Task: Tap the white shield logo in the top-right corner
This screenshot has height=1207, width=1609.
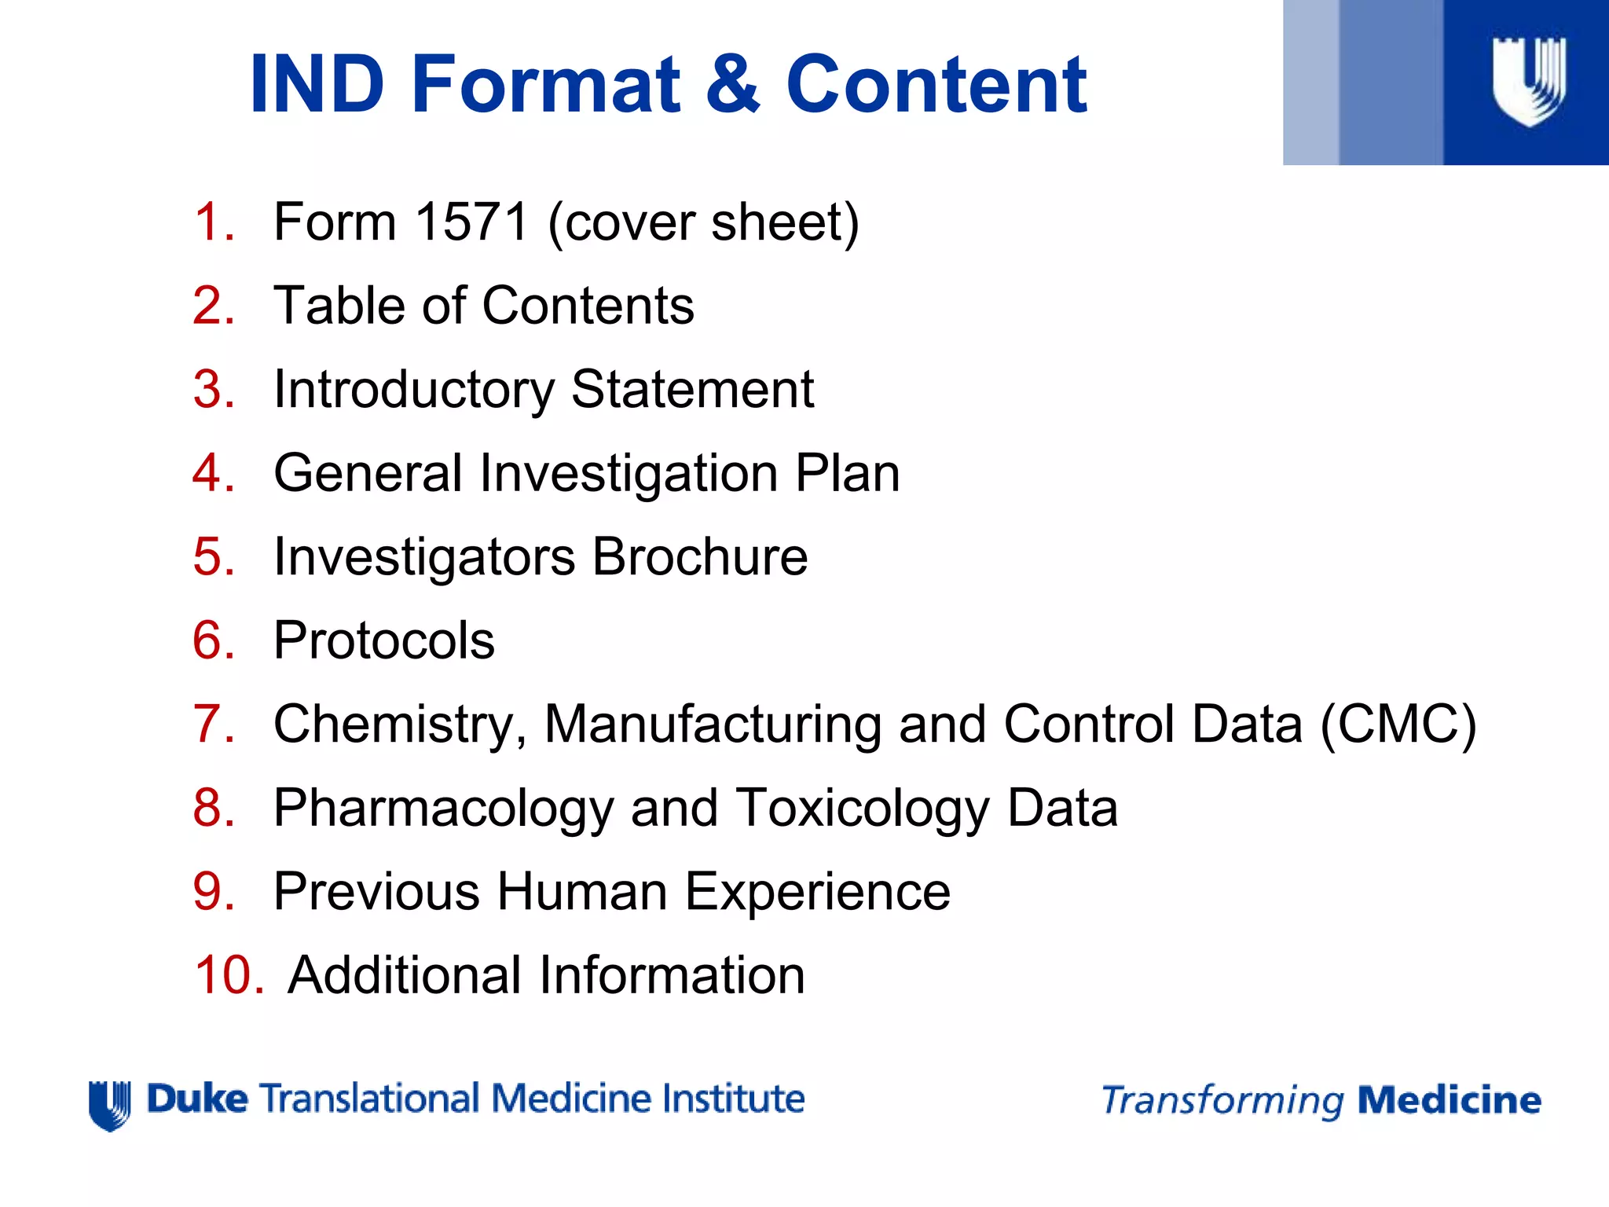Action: pyautogui.click(x=1529, y=81)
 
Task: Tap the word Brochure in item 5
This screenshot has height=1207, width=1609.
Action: pyautogui.click(x=699, y=556)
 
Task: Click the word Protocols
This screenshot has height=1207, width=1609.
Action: pyautogui.click(x=384, y=640)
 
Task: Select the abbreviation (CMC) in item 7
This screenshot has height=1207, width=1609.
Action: pyautogui.click(x=1398, y=724)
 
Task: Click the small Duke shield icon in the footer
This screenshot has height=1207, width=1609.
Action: pyautogui.click(x=109, y=1105)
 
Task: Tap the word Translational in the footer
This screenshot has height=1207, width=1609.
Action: pyautogui.click(x=369, y=1099)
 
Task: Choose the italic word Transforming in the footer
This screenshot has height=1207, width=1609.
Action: pyautogui.click(x=1222, y=1101)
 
